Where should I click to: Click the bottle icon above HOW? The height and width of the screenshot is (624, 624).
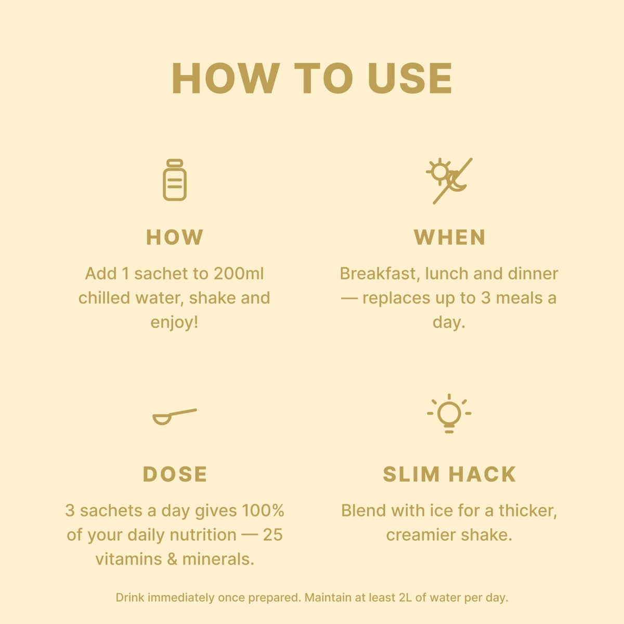pyautogui.click(x=175, y=180)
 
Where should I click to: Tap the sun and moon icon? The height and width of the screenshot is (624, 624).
pyautogui.click(x=449, y=181)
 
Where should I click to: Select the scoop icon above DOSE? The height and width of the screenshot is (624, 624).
pyautogui.click(x=175, y=417)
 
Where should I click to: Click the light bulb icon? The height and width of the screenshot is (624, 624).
pyautogui.click(x=449, y=413)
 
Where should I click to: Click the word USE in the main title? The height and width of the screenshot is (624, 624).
pyautogui.click(x=410, y=79)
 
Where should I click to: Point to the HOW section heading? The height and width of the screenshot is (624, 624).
pyautogui.click(x=175, y=237)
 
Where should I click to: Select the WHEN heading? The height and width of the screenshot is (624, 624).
pyautogui.click(x=449, y=237)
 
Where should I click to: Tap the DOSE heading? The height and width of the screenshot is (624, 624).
pyautogui.click(x=175, y=474)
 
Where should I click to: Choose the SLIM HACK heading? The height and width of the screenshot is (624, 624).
pyautogui.click(x=449, y=474)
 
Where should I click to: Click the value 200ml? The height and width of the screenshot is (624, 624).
pyautogui.click(x=239, y=274)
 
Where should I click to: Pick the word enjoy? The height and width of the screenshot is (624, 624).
pyautogui.click(x=174, y=322)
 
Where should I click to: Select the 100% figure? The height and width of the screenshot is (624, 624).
pyautogui.click(x=263, y=511)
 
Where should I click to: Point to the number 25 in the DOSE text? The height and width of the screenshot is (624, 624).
pyautogui.click(x=272, y=535)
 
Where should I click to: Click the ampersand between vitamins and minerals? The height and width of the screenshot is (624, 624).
pyautogui.click(x=172, y=559)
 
